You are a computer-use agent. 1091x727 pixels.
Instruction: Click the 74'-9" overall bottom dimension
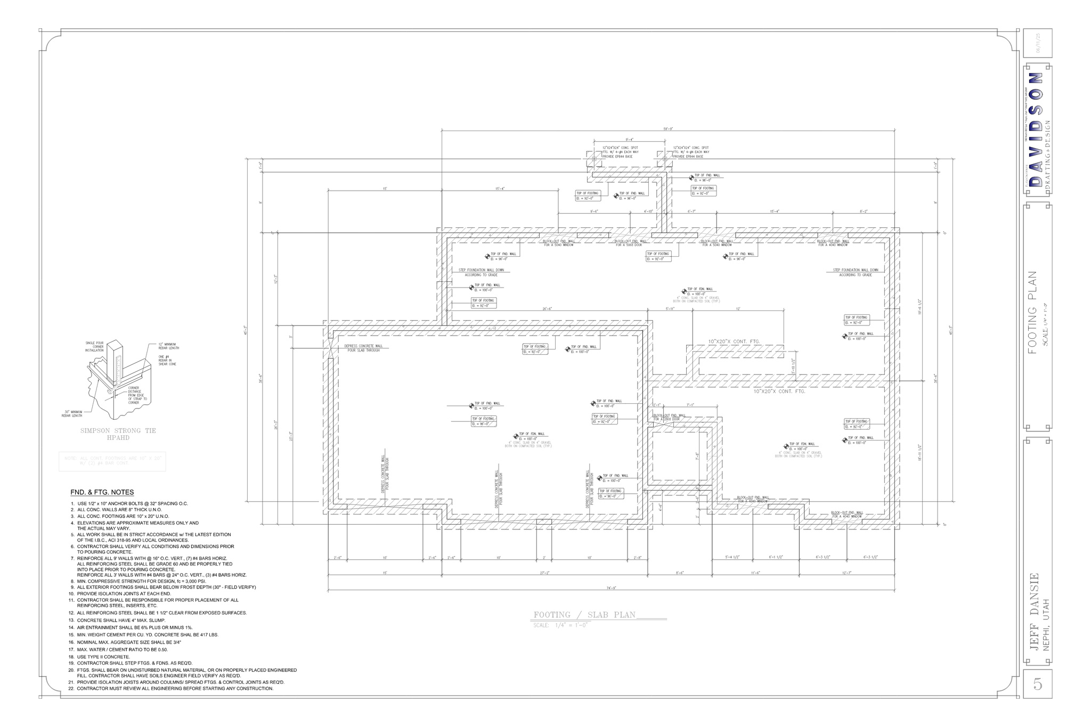[x=612, y=588]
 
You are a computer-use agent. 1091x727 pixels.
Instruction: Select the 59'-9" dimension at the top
[x=668, y=128]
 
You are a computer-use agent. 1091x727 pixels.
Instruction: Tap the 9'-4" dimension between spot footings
[x=629, y=139]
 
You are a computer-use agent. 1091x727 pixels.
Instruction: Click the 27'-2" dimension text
[x=544, y=573]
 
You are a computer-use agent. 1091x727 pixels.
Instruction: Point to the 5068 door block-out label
[x=629, y=243]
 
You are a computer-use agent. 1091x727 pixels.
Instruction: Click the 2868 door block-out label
[x=669, y=417]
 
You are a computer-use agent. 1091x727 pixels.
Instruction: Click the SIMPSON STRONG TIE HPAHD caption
[x=118, y=434]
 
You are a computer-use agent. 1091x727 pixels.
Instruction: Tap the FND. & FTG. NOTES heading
[x=102, y=492]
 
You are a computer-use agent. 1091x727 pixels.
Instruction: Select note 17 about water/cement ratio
[x=122, y=649]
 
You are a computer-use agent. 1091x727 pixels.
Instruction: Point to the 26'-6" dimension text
[x=547, y=309]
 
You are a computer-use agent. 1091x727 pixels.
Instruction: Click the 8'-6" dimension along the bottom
[x=680, y=573]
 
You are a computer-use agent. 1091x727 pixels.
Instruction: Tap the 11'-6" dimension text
[x=755, y=573]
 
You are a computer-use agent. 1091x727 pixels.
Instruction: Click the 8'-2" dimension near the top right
[x=864, y=211]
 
